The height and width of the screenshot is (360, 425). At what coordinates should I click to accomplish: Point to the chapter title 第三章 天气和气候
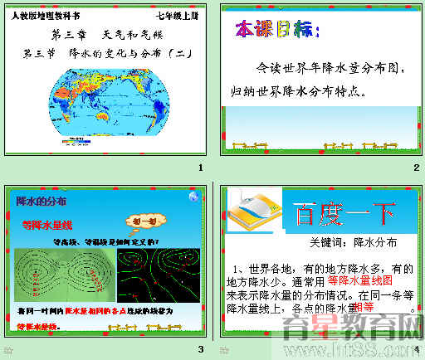tap(103, 36)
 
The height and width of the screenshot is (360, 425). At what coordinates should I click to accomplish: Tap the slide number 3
tap(200, 348)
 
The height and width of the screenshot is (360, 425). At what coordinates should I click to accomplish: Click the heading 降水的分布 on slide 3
tap(42, 200)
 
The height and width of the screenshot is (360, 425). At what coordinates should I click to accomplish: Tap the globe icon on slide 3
tap(193, 197)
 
